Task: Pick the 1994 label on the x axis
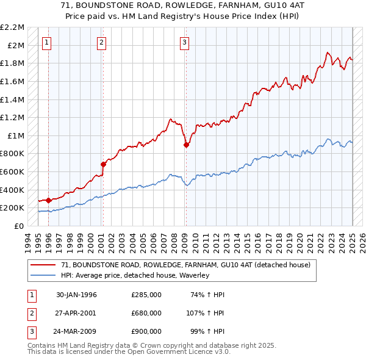coord(28,240)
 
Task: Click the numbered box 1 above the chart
coord(47,42)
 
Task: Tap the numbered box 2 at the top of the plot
coord(101,42)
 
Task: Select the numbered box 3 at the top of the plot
coord(184,42)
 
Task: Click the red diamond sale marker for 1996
coord(49,200)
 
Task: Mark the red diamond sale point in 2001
coord(104,164)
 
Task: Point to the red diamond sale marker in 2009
coord(187,145)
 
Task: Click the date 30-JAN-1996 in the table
coord(76,295)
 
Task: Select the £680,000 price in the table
coord(146,313)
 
